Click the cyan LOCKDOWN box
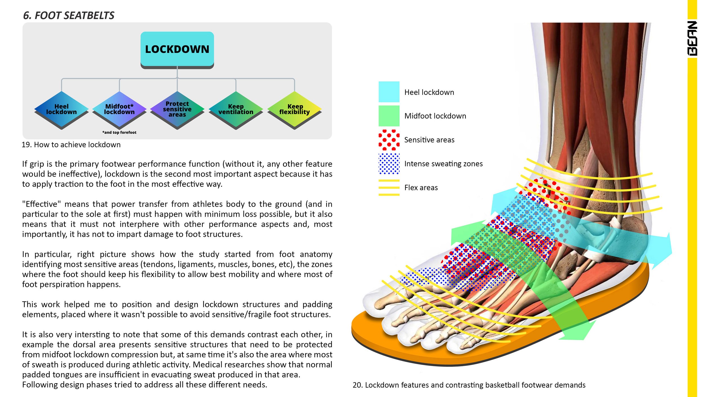point(177,49)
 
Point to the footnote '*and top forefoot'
point(119,132)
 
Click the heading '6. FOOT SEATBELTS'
point(69,15)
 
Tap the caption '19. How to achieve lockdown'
point(71,145)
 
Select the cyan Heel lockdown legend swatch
point(389,92)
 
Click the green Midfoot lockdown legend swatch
point(389,116)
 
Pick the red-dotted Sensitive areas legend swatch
point(389,140)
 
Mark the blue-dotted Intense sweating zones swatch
point(389,164)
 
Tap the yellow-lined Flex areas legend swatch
point(389,188)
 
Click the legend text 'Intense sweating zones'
point(443,164)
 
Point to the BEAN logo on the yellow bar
point(692,38)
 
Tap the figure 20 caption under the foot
point(469,385)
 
